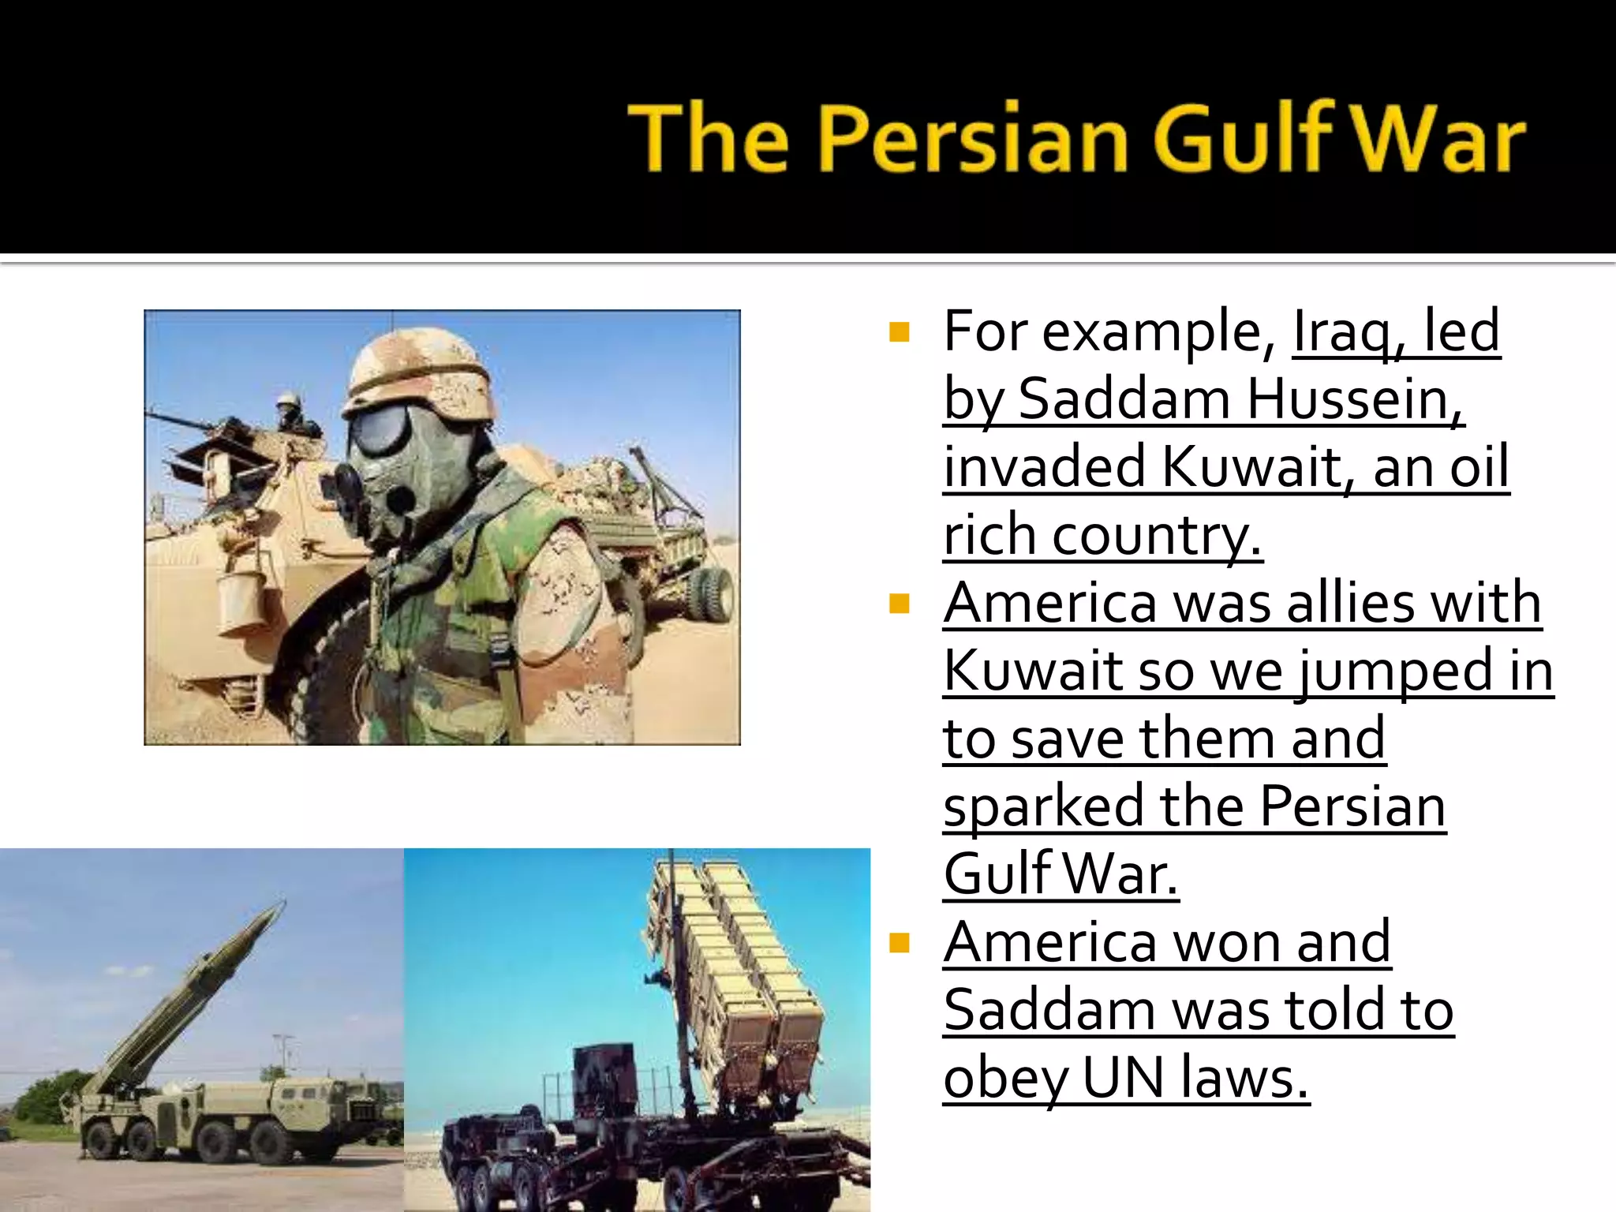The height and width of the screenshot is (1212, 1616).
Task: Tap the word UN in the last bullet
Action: coord(1123,1078)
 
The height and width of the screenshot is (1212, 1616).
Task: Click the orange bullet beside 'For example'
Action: coord(899,331)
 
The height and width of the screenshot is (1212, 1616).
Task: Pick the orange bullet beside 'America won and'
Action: coord(899,942)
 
